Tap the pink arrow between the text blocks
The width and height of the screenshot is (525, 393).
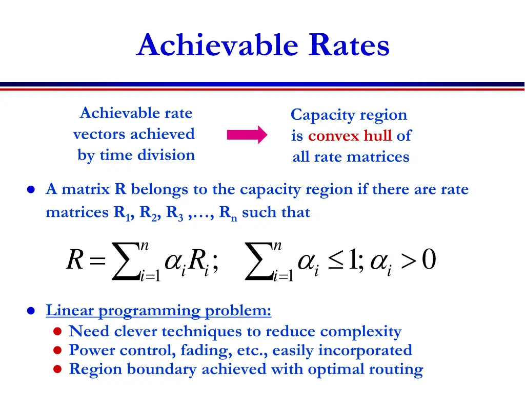[247, 135]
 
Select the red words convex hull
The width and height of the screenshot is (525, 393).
[350, 136]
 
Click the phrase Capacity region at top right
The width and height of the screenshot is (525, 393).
[349, 115]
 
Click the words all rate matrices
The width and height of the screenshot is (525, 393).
[351, 157]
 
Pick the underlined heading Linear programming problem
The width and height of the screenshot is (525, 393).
[158, 310]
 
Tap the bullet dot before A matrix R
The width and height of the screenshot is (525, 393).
[31, 190]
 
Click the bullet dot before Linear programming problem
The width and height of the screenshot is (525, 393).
[31, 311]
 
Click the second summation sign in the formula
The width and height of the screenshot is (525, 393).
[259, 261]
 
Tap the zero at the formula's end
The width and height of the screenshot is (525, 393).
[429, 260]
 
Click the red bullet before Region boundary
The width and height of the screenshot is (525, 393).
[58, 369]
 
